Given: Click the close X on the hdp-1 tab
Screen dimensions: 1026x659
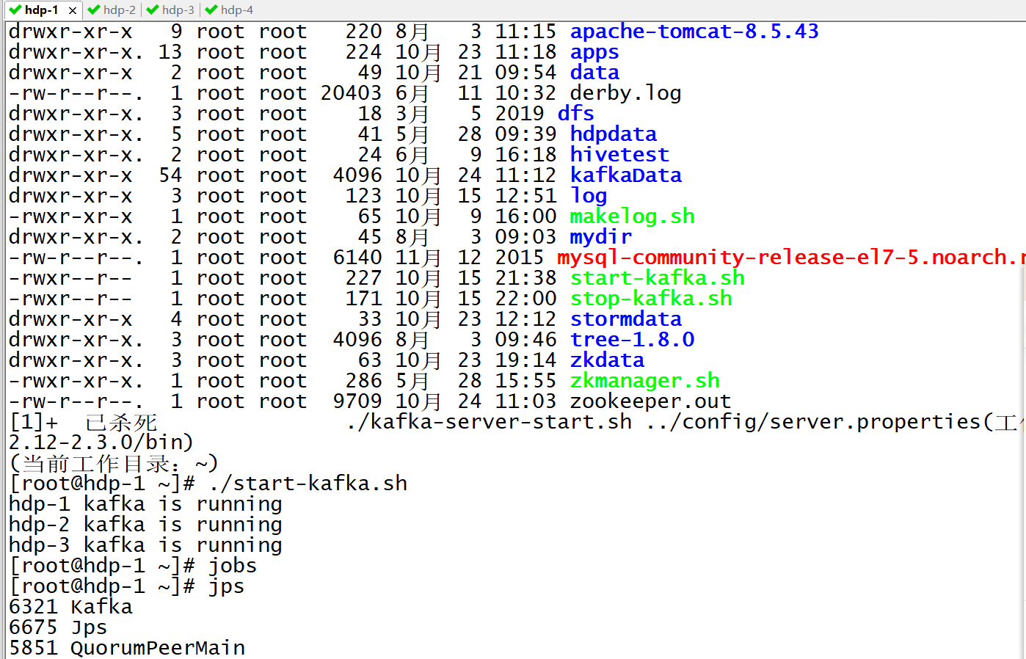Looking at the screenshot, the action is click(x=72, y=10).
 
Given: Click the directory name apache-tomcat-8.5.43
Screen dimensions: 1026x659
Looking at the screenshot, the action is click(x=694, y=32).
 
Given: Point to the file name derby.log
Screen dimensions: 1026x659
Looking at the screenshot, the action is click(x=625, y=93).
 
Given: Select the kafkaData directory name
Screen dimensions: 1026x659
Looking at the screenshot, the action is click(x=625, y=175).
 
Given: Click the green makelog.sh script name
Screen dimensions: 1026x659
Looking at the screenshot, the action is click(x=631, y=216).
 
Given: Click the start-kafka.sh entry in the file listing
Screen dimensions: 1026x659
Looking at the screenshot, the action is click(x=657, y=278).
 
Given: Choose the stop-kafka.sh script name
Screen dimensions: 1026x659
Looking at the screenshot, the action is click(x=650, y=299).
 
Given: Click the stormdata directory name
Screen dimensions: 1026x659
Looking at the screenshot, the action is click(x=625, y=319).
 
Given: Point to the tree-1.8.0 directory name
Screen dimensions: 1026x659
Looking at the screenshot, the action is click(x=631, y=340).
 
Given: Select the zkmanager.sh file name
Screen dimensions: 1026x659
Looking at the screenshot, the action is click(x=644, y=381).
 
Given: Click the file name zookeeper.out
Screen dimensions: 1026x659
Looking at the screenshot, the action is click(x=650, y=401).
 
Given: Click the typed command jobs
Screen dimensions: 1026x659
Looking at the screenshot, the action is click(x=232, y=566).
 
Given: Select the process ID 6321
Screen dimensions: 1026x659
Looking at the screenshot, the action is click(x=33, y=607).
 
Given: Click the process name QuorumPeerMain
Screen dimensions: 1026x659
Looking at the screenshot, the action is click(x=157, y=648).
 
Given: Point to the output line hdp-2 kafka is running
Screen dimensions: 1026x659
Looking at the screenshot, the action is click(x=145, y=525).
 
